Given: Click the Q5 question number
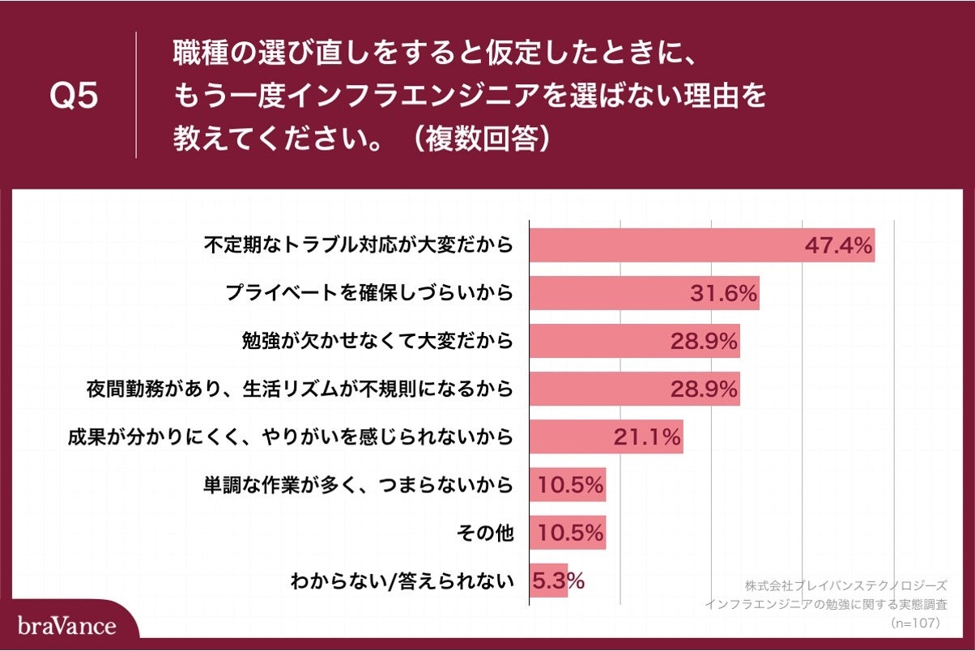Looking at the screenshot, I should coord(74,96).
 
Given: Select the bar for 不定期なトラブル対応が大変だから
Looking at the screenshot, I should coord(701,245).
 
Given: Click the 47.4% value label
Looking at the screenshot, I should coord(838,245).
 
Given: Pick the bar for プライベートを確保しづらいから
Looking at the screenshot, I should coord(644,293).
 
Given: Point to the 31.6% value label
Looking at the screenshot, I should coord(723,293).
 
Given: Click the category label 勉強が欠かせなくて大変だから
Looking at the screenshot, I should coord(377,341).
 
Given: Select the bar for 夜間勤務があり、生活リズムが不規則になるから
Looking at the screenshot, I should coord(634,389).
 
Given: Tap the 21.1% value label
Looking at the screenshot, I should coord(645,438).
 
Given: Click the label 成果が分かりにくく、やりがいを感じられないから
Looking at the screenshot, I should coord(290,438).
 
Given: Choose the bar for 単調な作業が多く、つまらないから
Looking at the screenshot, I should coord(567,486).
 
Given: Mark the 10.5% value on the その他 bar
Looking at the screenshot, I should coord(568,534).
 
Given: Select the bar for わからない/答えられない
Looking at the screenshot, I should coord(548,581).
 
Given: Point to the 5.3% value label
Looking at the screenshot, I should coord(558,581).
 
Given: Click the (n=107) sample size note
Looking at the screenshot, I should coord(914,623).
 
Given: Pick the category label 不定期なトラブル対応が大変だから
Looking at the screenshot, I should coord(359,245).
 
